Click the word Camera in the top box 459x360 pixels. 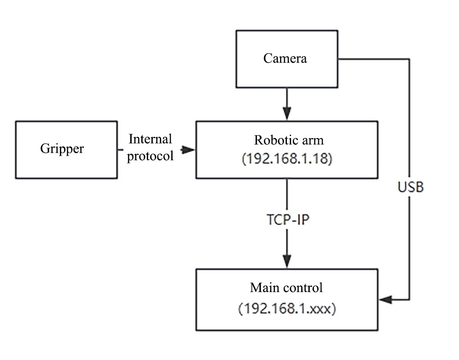click(x=285, y=58)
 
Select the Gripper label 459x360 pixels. click(x=62, y=149)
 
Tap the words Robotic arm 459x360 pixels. click(x=286, y=140)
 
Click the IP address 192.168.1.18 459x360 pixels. click(x=286, y=160)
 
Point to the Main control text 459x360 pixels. click(x=286, y=288)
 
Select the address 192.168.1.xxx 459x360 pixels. click(x=286, y=309)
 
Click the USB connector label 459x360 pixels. click(x=410, y=187)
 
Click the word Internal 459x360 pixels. click(x=151, y=139)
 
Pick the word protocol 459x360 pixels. click(x=151, y=156)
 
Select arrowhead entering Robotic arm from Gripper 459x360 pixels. click(x=189, y=149)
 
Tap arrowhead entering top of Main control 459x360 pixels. click(x=287, y=262)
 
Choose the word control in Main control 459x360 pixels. click(x=302, y=288)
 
